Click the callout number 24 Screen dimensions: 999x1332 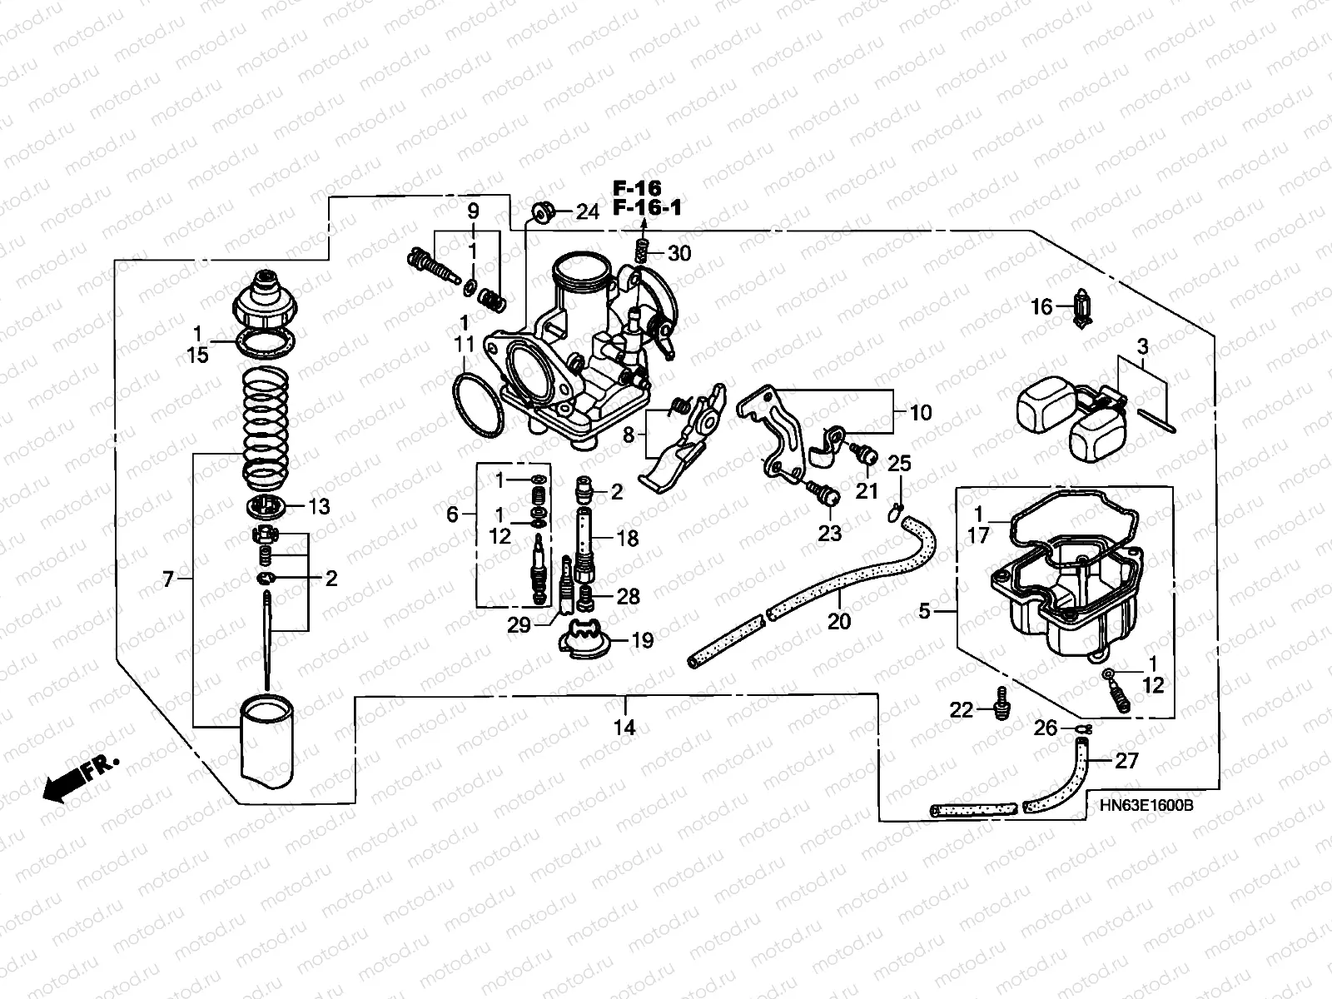click(587, 212)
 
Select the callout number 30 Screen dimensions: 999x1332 click(679, 253)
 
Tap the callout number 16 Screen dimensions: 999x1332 click(1041, 307)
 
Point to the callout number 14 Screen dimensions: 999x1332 click(624, 728)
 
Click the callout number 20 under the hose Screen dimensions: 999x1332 click(839, 620)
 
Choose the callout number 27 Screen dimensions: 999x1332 click(1126, 761)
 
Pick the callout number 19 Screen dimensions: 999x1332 click(642, 640)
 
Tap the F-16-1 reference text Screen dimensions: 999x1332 click(647, 207)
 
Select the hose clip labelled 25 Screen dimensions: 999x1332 click(895, 509)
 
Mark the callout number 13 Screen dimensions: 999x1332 click(319, 506)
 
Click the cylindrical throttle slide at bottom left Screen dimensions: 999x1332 click(269, 738)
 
